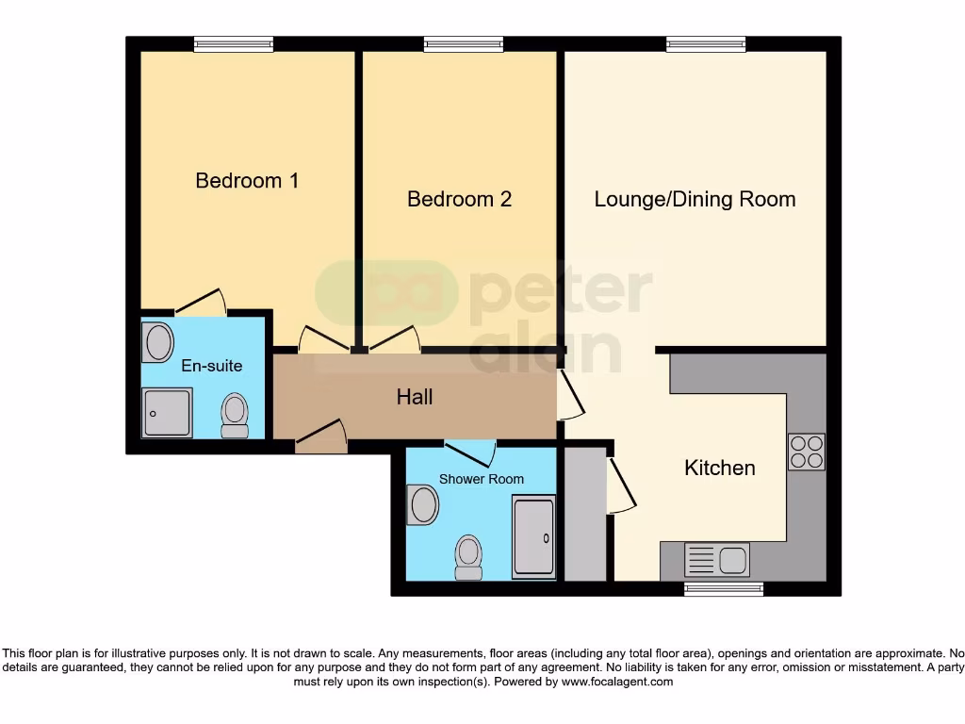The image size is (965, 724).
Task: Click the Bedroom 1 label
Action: (247, 180)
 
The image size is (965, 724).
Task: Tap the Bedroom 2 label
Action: (459, 199)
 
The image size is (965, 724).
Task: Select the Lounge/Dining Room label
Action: (695, 199)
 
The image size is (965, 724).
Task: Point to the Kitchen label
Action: (719, 468)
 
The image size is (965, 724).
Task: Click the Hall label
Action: (415, 397)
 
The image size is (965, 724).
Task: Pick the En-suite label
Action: (212, 366)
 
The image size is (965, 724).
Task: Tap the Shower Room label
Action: (481, 479)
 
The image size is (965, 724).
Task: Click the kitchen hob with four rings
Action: (806, 452)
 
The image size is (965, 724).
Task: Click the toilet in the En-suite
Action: (234, 415)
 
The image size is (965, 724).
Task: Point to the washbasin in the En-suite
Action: (157, 343)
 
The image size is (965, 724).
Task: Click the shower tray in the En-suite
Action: (167, 413)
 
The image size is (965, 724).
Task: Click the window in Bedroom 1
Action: (234, 43)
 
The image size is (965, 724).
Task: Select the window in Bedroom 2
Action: (463, 43)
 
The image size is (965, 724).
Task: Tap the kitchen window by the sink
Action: (723, 589)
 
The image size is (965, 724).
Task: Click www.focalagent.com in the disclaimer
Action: (616, 682)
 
